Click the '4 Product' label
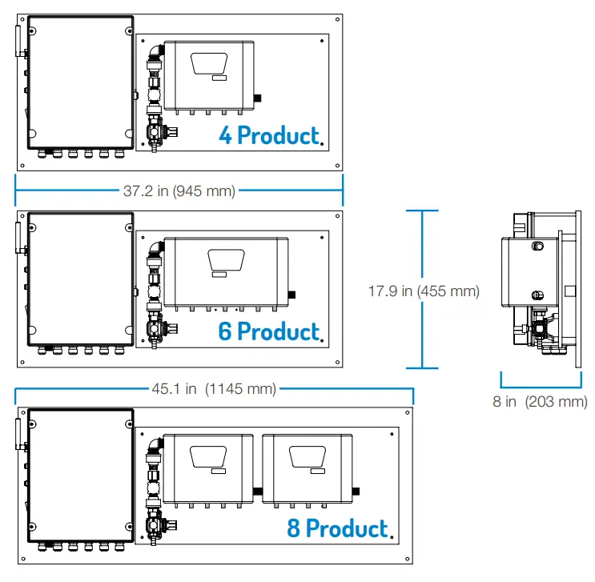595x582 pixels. click(x=269, y=135)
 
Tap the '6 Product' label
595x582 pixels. click(x=269, y=331)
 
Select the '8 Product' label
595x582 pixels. click(x=338, y=528)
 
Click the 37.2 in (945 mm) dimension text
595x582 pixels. click(x=179, y=191)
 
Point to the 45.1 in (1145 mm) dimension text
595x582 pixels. click(x=214, y=389)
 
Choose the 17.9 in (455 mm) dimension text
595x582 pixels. click(x=424, y=291)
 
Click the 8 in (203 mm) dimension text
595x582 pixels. click(x=540, y=401)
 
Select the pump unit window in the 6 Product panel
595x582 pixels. click(x=225, y=261)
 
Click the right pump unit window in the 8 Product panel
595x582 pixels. click(x=308, y=456)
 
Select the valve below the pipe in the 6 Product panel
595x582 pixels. click(x=154, y=328)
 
